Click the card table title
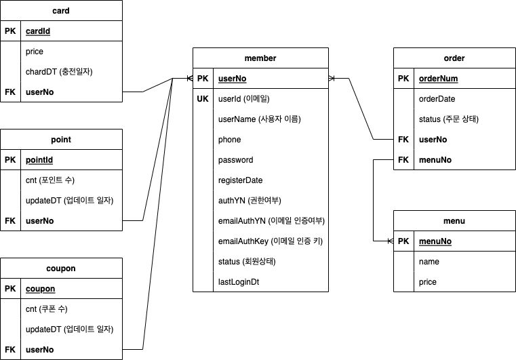[x=61, y=11]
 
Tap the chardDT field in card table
[x=59, y=71]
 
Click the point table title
[x=61, y=140]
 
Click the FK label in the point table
[x=9, y=221]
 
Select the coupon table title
[x=61, y=268]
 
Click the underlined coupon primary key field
[x=40, y=289]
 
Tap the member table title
[x=260, y=58]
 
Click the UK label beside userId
[x=203, y=99]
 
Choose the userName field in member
[x=259, y=119]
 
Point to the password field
[x=235, y=160]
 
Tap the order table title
[x=454, y=58]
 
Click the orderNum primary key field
[x=438, y=79]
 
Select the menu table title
[x=454, y=221]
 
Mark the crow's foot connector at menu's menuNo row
[x=389, y=241]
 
